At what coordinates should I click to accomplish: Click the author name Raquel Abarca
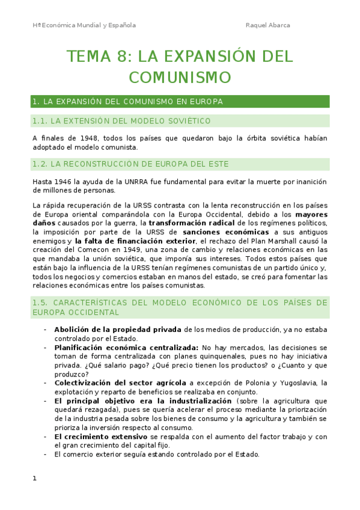[269, 25]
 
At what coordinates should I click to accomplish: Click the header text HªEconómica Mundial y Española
[84, 25]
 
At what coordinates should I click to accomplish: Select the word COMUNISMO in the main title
[180, 78]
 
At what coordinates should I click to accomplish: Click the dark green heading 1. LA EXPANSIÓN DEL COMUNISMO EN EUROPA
[128, 102]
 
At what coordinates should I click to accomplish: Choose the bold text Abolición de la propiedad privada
[118, 330]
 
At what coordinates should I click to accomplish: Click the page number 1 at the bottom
[35, 479]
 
